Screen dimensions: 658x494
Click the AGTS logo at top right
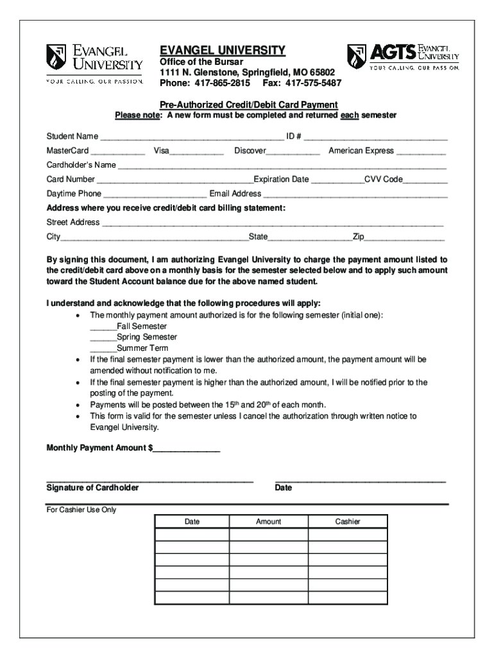(403, 57)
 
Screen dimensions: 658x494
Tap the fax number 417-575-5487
(313, 84)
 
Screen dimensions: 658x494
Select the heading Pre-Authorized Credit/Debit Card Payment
(249, 105)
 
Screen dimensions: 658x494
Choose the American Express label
(361, 150)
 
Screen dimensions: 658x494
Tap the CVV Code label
(384, 179)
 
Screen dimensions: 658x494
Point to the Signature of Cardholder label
(92, 488)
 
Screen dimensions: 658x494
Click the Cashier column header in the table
(348, 522)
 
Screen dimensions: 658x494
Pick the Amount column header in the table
(268, 522)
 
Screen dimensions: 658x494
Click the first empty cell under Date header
(192, 535)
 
